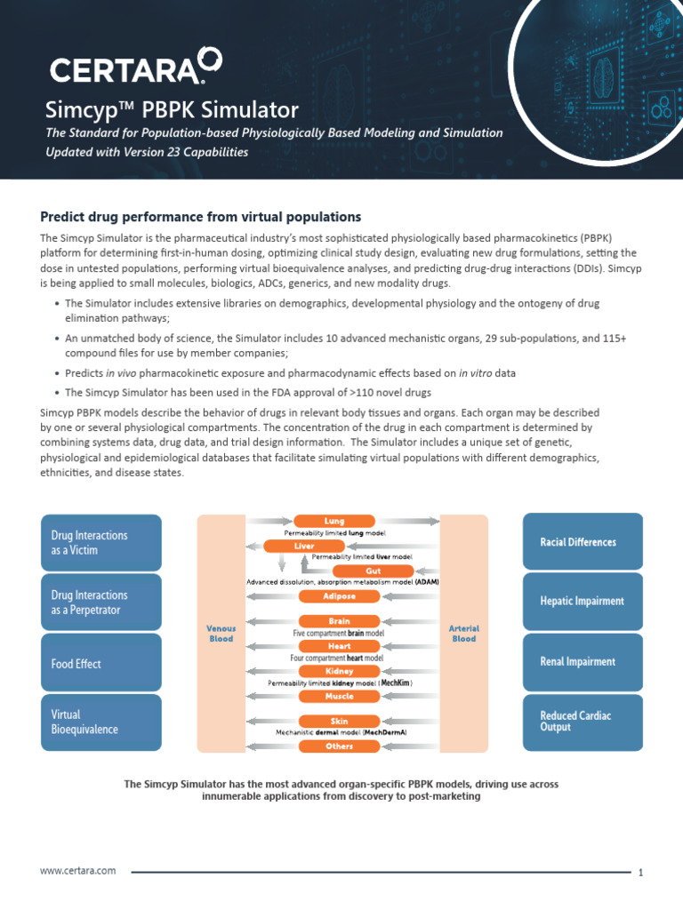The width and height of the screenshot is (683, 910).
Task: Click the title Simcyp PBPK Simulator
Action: (172, 110)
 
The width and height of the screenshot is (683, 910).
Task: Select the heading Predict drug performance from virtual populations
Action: (200, 217)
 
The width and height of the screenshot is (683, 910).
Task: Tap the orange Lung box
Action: (334, 521)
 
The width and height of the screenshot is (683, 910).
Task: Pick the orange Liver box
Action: (304, 546)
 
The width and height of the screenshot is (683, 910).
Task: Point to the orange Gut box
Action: (374, 571)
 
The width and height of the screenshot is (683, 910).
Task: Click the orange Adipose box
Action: (340, 595)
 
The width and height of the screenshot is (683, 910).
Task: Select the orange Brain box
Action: (339, 621)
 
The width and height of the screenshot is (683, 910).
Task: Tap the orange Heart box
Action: (339, 646)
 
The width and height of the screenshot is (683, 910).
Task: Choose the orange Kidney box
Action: (339, 671)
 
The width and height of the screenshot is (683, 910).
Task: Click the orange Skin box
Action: (339, 722)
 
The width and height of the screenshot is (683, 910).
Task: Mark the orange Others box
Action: (339, 746)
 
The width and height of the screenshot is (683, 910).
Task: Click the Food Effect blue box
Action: (101, 663)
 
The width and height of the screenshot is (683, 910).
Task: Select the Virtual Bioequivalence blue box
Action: (101, 722)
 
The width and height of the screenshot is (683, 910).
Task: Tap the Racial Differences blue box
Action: (583, 542)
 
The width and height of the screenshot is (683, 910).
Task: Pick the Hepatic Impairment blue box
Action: (583, 601)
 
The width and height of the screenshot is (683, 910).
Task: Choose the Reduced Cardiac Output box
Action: (583, 721)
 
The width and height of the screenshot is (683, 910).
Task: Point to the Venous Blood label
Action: (221, 633)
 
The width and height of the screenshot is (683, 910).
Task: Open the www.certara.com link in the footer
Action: (78, 871)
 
